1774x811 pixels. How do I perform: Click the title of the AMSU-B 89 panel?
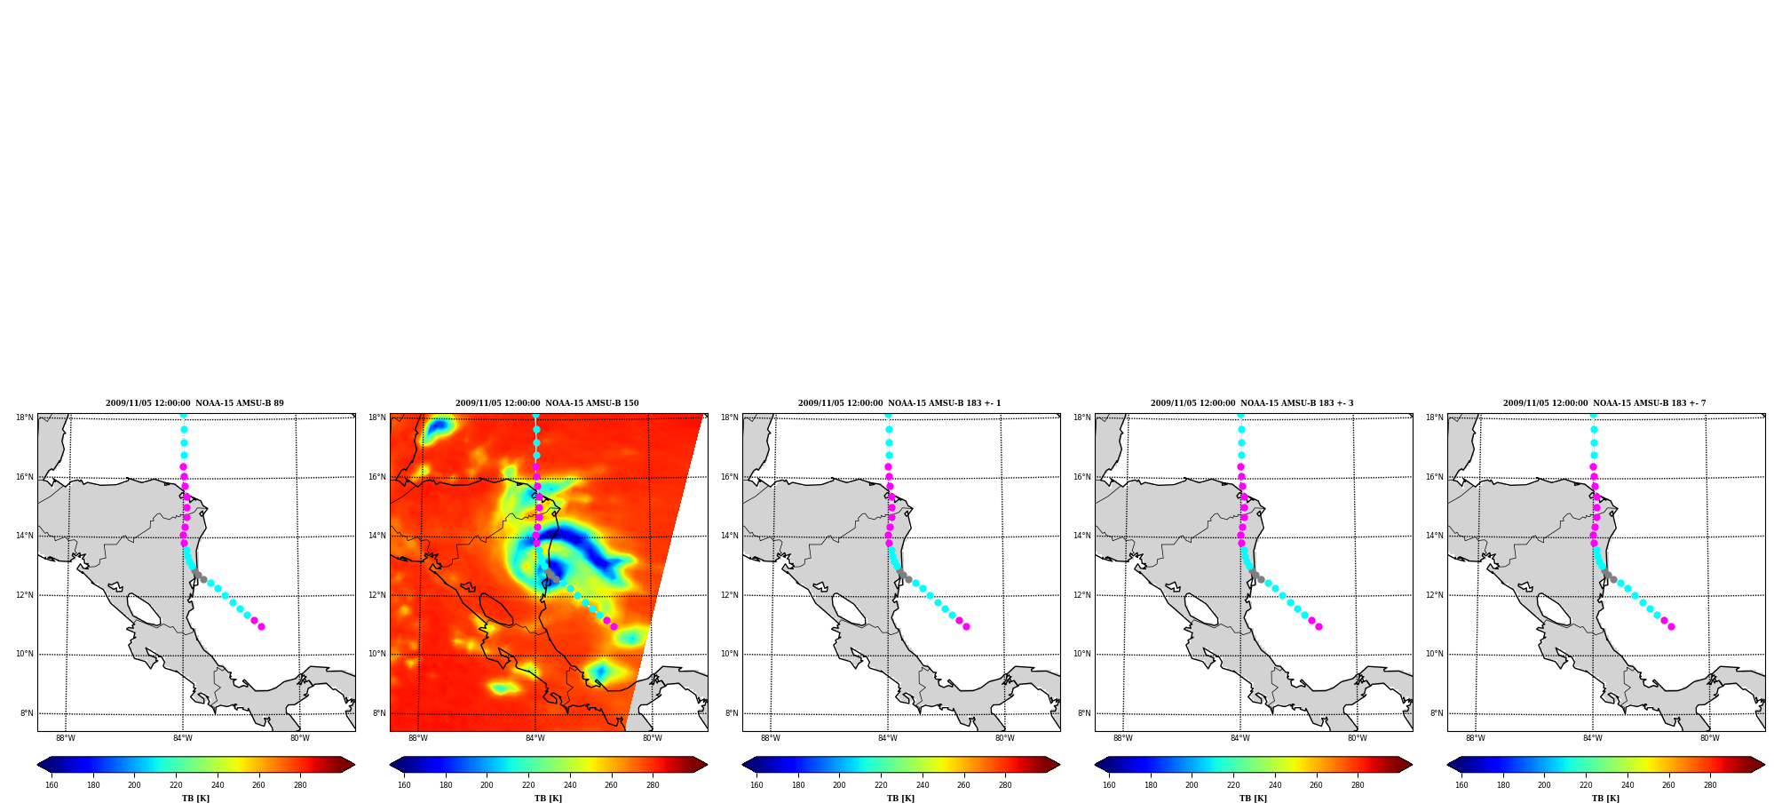pos(194,403)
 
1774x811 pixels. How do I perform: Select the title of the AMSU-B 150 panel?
pos(547,403)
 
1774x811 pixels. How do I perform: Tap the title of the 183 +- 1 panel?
pos(899,403)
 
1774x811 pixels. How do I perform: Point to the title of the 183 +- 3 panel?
pos(1252,403)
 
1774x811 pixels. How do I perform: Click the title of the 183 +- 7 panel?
pos(1604,403)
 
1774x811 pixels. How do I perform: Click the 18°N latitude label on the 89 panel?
pos(25,417)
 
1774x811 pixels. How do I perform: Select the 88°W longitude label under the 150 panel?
pos(417,738)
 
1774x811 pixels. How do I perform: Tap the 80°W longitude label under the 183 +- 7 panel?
pos(1709,738)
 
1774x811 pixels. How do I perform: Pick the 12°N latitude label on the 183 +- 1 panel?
pos(730,595)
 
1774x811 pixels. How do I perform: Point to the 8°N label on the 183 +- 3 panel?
pos(1084,713)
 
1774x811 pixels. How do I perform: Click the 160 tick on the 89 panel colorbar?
pos(51,785)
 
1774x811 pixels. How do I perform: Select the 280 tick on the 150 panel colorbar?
pos(653,785)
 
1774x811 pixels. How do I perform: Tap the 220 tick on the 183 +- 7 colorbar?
pos(1586,785)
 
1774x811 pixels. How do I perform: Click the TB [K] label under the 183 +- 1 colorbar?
pos(900,799)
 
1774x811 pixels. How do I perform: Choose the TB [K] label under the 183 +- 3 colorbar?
pos(1253,799)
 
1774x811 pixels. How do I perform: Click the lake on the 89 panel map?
pos(144,609)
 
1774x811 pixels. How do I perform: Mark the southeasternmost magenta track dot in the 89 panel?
pos(261,627)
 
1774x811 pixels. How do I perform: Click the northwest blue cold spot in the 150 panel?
pos(438,428)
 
